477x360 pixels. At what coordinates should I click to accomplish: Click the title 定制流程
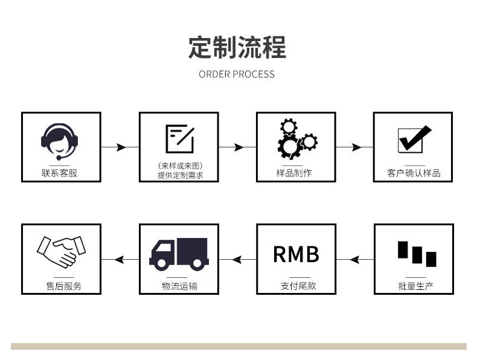tap(237, 47)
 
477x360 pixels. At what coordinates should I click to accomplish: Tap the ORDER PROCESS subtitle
tap(237, 74)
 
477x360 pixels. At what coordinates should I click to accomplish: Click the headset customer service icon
tap(59, 141)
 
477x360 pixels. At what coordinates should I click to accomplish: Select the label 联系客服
tap(59, 173)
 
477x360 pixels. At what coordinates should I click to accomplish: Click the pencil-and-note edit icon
tap(180, 139)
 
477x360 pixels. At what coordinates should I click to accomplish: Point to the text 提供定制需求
tap(180, 175)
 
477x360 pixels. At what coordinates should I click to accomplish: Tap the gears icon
tap(297, 139)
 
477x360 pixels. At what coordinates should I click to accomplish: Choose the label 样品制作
tap(294, 173)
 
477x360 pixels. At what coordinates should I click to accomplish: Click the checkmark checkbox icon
tap(415, 139)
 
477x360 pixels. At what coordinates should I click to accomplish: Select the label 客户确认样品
tap(414, 173)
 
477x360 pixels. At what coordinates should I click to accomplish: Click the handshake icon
tap(61, 252)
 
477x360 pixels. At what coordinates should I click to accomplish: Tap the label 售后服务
tap(64, 286)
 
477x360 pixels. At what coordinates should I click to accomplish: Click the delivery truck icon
tap(179, 254)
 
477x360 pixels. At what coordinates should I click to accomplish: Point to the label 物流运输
tap(179, 286)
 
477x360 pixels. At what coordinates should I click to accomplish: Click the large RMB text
tap(296, 254)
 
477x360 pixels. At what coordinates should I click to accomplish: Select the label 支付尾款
tap(298, 286)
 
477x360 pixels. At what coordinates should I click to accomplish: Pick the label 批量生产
tap(416, 286)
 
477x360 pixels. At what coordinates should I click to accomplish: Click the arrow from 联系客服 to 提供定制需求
tap(120, 147)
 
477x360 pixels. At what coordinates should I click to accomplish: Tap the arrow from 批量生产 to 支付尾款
tap(355, 260)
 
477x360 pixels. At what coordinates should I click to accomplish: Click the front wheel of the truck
tap(162, 263)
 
